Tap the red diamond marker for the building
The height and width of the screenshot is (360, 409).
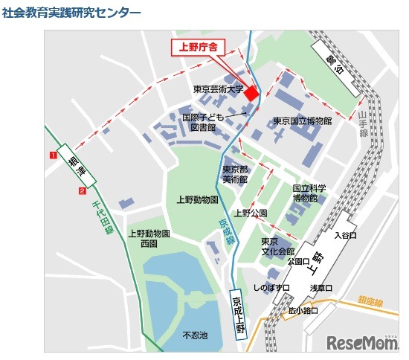(252, 93)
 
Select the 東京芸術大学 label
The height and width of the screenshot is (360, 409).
(218, 89)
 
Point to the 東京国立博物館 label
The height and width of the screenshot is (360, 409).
(302, 120)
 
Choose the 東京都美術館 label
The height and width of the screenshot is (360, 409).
(235, 174)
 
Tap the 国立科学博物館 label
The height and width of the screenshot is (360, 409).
(305, 193)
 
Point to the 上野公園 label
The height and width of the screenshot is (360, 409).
(251, 213)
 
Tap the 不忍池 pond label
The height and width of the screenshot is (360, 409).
(195, 335)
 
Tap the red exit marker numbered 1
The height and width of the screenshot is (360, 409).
(53, 155)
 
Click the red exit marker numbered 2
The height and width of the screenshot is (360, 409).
(80, 191)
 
